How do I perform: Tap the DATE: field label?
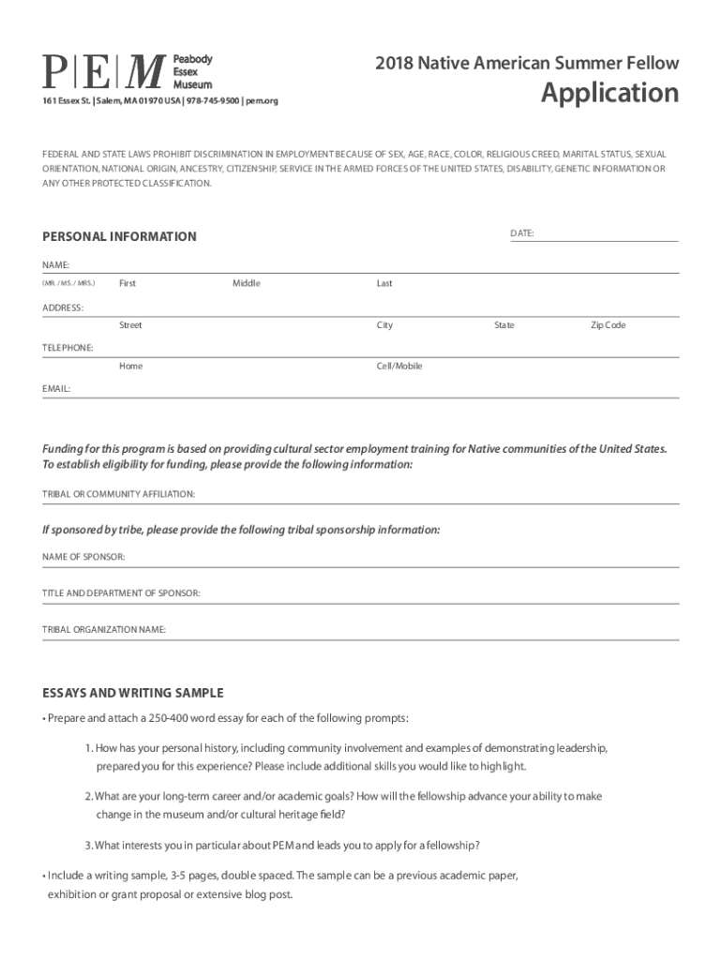(x=522, y=232)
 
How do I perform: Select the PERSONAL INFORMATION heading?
(x=119, y=237)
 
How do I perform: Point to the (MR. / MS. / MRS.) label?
(x=68, y=283)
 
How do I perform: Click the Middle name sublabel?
(x=247, y=283)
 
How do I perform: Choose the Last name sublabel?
(x=384, y=283)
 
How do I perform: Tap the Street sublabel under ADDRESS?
(x=130, y=325)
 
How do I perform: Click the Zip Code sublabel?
(x=608, y=325)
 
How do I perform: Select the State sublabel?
(x=504, y=325)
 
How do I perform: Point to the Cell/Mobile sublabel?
(x=399, y=366)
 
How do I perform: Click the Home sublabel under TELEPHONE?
(x=130, y=366)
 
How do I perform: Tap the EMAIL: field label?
(x=56, y=387)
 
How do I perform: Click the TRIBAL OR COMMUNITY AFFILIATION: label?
(x=118, y=493)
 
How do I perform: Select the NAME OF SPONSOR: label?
(x=83, y=557)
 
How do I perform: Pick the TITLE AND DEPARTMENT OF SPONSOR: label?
(x=121, y=593)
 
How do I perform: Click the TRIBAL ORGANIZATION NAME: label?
(x=104, y=629)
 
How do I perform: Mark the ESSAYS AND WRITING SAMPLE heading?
(x=132, y=694)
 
